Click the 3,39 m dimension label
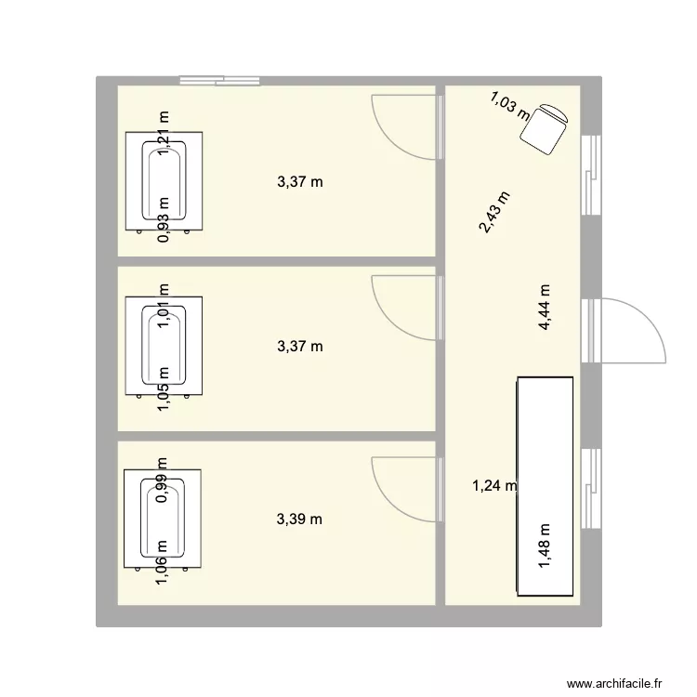pyautogui.click(x=299, y=519)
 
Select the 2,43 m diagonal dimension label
pyautogui.click(x=494, y=213)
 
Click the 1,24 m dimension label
pyautogui.click(x=494, y=484)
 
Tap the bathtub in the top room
pyautogui.click(x=164, y=181)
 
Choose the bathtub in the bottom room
pyautogui.click(x=164, y=520)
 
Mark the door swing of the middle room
pyautogui.click(x=401, y=306)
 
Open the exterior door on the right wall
pyautogui.click(x=632, y=331)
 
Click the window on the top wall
pyautogui.click(x=219, y=81)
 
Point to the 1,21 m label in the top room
pyautogui.click(x=164, y=130)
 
